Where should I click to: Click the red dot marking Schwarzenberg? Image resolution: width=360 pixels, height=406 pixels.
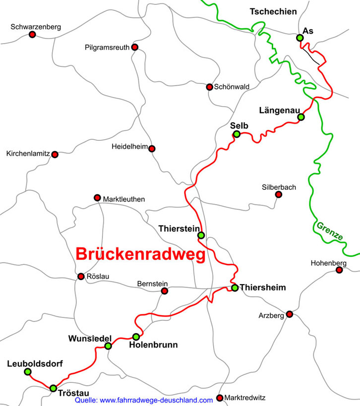(32, 35)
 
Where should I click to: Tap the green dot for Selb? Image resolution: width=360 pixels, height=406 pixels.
(237, 134)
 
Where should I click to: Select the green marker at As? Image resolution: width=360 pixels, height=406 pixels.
(300, 38)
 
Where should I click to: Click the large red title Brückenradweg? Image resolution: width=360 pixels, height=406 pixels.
(140, 254)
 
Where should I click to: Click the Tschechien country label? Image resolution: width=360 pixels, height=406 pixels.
(273, 11)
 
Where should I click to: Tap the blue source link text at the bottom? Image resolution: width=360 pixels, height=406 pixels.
(144, 400)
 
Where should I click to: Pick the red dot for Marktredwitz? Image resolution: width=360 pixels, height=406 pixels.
(220, 398)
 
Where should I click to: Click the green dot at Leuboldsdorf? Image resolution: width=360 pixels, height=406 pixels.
(28, 372)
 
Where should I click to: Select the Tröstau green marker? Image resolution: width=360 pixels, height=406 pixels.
(53, 388)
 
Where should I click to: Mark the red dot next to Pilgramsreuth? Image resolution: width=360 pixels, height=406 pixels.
(134, 47)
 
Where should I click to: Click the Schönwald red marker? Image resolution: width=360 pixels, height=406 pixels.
(209, 87)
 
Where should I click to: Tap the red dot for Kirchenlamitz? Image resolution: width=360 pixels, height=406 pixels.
(55, 155)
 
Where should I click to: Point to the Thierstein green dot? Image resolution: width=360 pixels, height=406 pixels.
(201, 235)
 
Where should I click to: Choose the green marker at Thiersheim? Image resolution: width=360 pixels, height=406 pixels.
(235, 288)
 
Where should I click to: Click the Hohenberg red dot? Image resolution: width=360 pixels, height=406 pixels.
(339, 270)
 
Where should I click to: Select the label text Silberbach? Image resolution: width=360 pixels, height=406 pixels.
(279, 187)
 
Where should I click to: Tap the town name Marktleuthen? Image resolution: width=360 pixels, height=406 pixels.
(124, 199)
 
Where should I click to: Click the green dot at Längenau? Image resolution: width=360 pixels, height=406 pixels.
(300, 117)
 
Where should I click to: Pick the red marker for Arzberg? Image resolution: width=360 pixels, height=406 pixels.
(290, 314)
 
